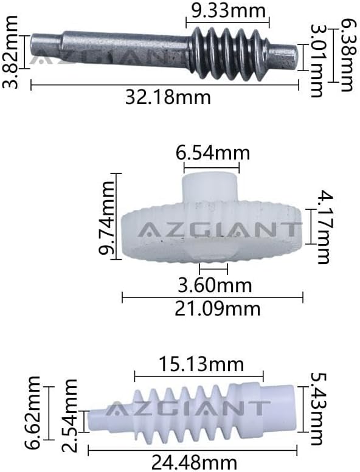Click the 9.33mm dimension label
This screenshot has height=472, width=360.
point(229,10)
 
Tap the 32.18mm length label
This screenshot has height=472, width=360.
point(168,97)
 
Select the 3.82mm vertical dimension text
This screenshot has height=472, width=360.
point(10,52)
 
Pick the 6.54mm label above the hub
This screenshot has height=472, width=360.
point(213,153)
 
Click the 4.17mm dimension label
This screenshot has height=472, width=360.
point(324,227)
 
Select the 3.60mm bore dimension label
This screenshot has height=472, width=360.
point(215,285)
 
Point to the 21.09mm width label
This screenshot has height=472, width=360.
point(217,309)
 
